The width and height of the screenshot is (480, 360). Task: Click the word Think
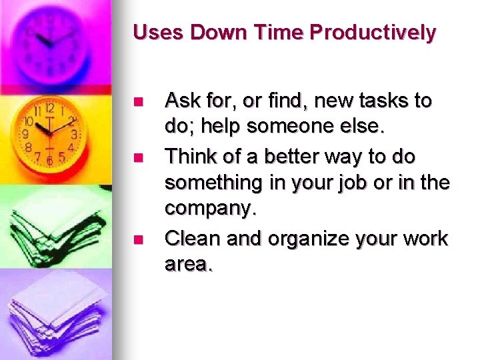tap(191, 157)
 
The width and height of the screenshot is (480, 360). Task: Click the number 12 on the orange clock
tap(49, 107)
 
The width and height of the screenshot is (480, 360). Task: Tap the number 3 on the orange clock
tap(74, 134)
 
